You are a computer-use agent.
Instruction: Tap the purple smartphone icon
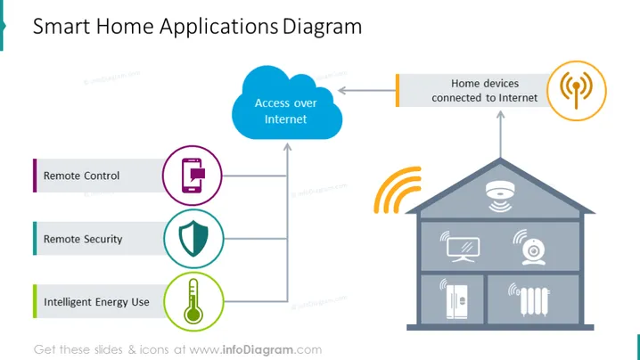pos(193,176)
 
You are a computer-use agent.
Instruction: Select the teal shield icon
pos(193,239)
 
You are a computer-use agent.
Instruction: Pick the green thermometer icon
pos(193,301)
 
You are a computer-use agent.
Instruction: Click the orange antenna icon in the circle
pos(577,90)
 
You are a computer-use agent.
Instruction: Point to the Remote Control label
pos(82,176)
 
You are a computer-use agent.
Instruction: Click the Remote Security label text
pos(83,239)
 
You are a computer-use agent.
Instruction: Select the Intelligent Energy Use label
pos(97,302)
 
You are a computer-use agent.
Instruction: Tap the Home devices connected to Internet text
pos(485,91)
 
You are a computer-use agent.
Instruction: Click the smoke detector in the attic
pos(500,196)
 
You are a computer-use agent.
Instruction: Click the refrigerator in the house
pos(455,300)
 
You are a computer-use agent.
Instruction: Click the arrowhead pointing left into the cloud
pos(342,91)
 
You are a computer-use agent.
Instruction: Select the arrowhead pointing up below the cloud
pos(287,147)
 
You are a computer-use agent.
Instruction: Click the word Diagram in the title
pos(322,27)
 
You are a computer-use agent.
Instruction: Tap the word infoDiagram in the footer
pos(258,350)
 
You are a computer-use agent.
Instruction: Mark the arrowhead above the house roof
pos(500,115)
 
